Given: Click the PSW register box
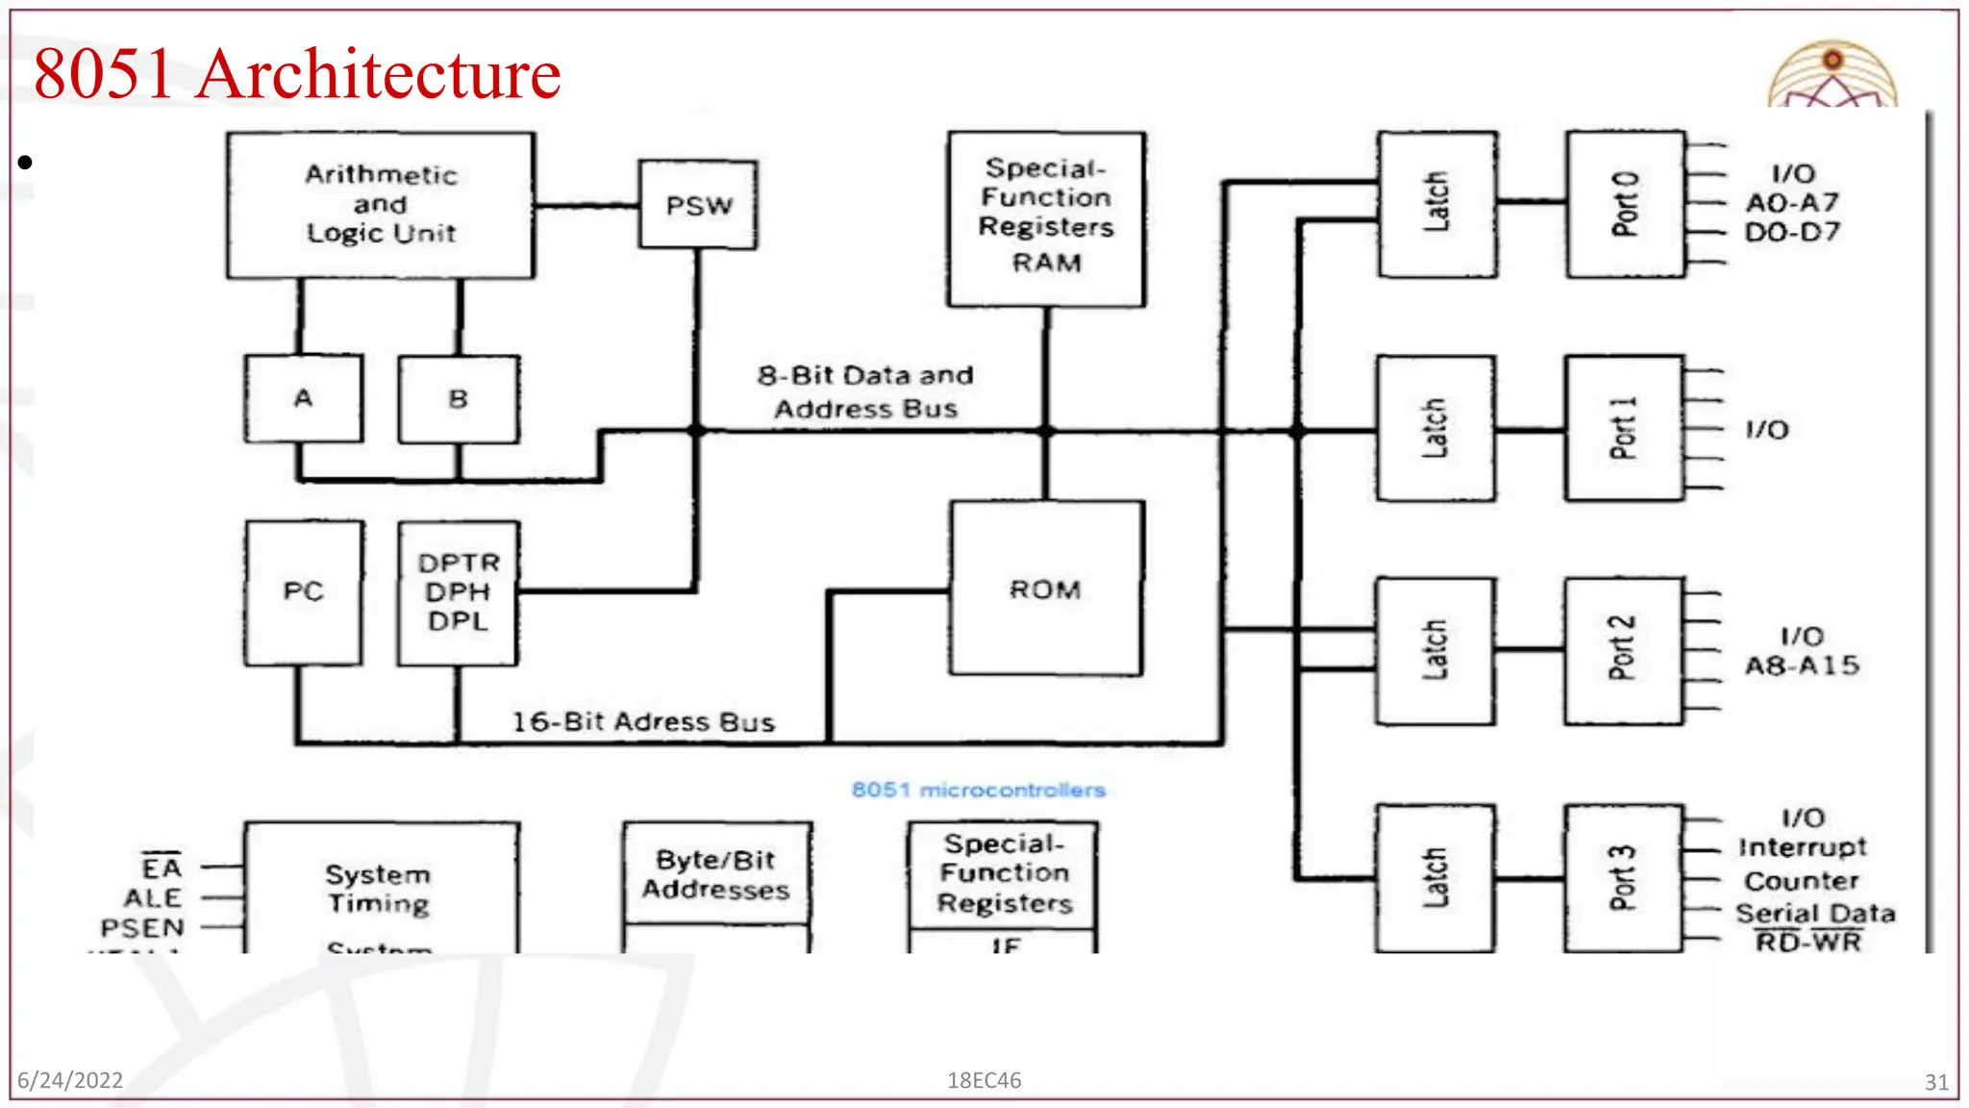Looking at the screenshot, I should (x=698, y=205).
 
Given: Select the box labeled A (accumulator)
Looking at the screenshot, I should (x=304, y=398).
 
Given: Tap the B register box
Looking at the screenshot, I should (x=459, y=399).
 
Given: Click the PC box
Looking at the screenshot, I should (x=304, y=592).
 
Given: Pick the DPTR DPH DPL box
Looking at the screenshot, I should (x=459, y=592).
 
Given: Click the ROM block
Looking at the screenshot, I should (x=1046, y=589).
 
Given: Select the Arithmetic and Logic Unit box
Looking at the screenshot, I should (x=381, y=205).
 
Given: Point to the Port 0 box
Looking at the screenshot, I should (x=1625, y=204).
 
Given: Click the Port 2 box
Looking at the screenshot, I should (x=1622, y=649).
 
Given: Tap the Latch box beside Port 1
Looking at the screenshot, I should (x=1435, y=428).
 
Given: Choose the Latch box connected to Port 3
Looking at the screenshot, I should (x=1434, y=877).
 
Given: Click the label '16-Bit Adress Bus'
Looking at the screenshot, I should (x=642, y=722).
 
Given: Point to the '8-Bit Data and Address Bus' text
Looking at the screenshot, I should (x=865, y=391).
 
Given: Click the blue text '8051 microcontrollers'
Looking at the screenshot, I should (x=978, y=791).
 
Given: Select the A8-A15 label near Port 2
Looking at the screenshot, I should (x=1802, y=666).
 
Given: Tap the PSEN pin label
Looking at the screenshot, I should (x=142, y=928).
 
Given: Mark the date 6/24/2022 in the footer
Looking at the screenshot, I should (x=70, y=1080).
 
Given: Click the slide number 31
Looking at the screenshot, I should (x=1936, y=1082).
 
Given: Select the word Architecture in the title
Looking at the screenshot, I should (x=378, y=74).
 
